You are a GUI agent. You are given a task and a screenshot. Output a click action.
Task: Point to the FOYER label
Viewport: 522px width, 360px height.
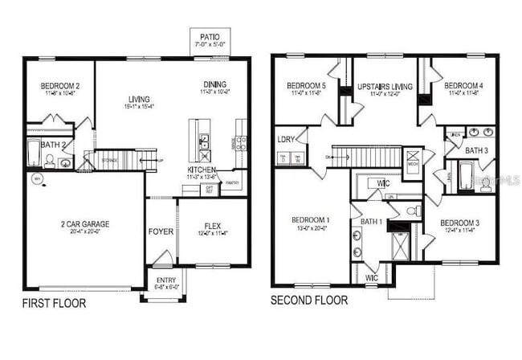[161, 232]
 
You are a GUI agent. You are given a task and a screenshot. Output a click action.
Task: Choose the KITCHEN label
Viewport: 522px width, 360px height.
[201, 170]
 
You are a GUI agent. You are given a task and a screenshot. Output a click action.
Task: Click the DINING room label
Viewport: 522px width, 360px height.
[214, 84]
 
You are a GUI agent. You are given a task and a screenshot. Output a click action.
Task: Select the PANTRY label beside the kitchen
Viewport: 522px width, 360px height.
[234, 183]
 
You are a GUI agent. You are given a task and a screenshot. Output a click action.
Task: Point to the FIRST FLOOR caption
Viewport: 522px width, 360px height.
[53, 304]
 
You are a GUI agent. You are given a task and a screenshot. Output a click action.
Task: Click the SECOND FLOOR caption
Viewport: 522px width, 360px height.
[309, 301]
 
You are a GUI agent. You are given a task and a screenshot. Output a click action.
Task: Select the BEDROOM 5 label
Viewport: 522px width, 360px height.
[305, 86]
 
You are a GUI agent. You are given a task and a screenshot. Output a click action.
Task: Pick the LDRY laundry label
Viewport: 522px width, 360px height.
[286, 139]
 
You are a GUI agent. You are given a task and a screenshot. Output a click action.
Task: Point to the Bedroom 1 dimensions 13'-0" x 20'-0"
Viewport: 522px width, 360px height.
[309, 227]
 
